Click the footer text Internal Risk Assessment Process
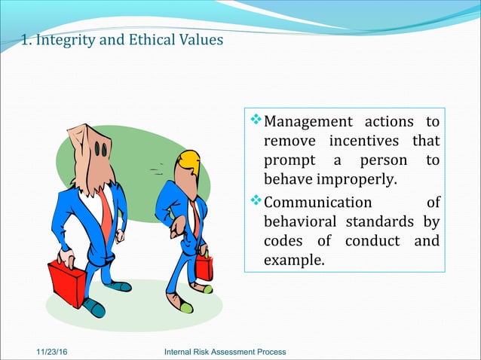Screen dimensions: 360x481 pos(224,352)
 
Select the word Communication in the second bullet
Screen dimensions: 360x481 pos(318,202)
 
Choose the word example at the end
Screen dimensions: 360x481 pos(293,261)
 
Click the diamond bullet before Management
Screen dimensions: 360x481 pos(255,121)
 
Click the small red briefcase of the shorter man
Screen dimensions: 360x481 pos(204,267)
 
